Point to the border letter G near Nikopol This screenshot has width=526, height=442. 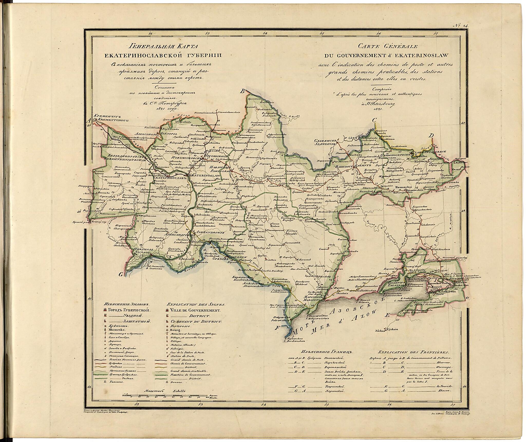coord(120,275)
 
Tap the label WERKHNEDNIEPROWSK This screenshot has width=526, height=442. coord(124,159)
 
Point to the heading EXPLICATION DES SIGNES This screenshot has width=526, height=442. coord(196,304)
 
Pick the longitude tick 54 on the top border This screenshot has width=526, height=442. coord(265,33)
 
